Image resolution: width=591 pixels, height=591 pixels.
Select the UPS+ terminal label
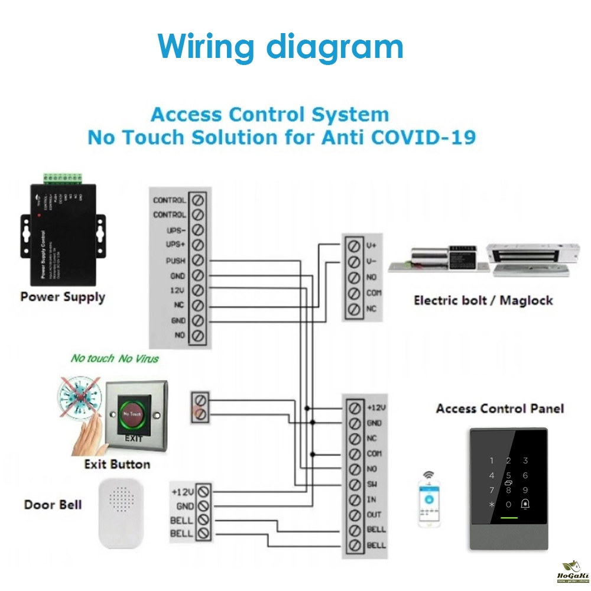[176, 245]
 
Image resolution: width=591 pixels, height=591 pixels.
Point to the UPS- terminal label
[176, 230]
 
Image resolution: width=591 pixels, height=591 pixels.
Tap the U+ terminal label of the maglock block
[371, 245]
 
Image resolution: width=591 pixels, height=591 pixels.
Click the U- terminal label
[371, 261]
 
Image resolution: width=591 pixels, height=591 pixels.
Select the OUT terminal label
[375, 515]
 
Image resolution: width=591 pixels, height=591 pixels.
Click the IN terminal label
[371, 500]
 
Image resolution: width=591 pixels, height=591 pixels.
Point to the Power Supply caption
[63, 297]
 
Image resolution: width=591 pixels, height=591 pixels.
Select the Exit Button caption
[117, 465]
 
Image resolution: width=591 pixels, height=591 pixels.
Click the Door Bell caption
[53, 505]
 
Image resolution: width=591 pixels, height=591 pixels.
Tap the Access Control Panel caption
[500, 408]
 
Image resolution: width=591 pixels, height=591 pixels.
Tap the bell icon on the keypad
[525, 504]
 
